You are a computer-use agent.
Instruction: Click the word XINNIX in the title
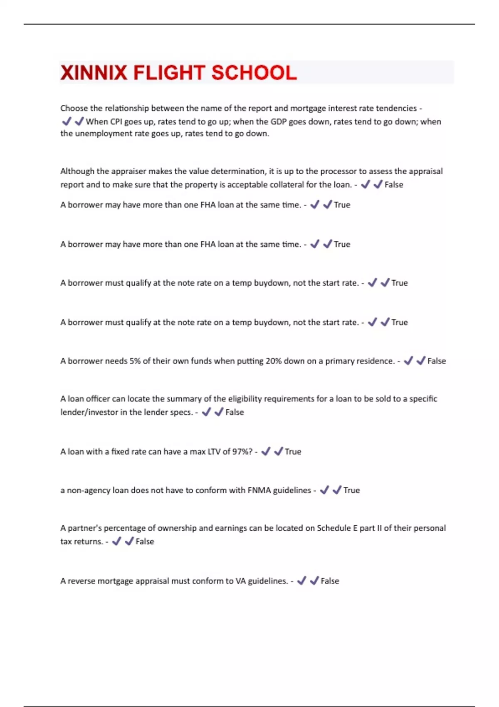coord(94,73)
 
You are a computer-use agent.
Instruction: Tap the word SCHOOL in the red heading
coord(254,73)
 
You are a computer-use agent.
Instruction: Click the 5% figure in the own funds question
coord(135,361)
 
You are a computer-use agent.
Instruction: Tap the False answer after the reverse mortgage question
coord(330,581)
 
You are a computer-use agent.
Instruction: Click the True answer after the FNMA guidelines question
coord(351,490)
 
